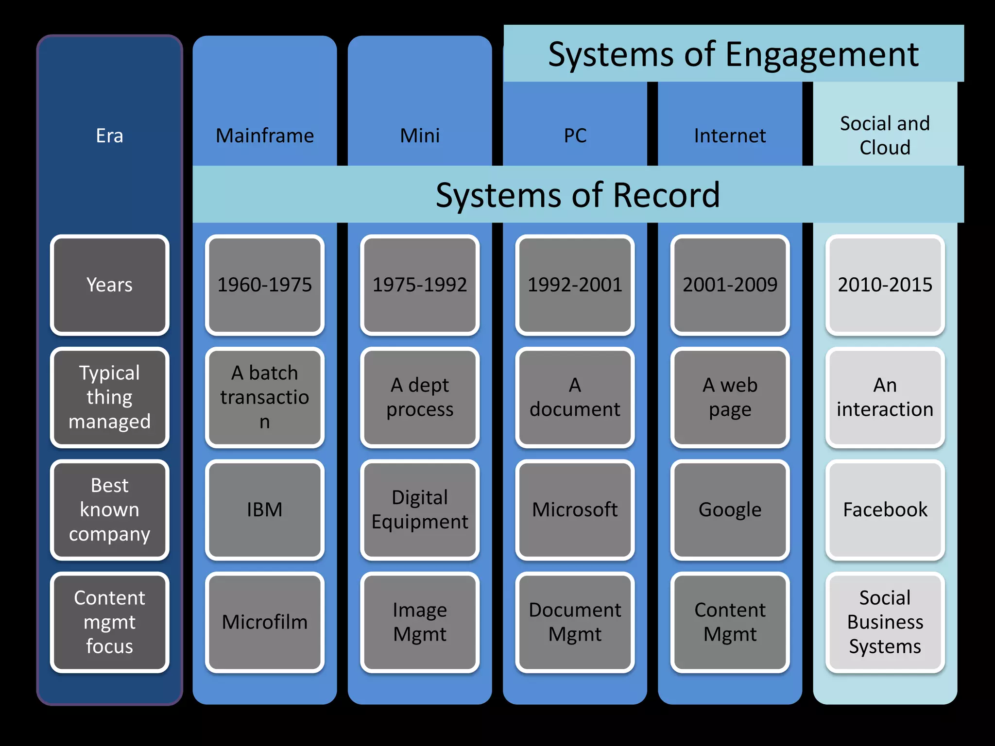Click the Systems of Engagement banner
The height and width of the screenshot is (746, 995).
733,54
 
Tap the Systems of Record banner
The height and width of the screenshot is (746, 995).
578,195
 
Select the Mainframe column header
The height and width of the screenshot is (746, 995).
265,136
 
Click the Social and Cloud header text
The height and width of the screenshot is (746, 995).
885,136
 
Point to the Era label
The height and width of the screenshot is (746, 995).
110,136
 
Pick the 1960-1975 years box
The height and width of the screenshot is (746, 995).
265,285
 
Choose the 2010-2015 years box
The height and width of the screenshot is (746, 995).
885,285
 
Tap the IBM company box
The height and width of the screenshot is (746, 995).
265,509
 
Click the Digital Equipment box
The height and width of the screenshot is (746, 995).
420,509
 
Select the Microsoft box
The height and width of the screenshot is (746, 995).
575,509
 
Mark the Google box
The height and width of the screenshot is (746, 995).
730,509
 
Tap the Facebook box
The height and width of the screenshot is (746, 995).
885,509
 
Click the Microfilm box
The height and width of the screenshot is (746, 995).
265,622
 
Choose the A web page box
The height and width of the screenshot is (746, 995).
730,397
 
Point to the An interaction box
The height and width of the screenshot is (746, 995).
885,397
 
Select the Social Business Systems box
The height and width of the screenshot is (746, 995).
885,622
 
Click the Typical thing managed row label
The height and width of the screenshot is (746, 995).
110,397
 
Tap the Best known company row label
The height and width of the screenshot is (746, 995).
110,509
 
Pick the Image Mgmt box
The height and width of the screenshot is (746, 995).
420,622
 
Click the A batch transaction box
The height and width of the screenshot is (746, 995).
265,397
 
